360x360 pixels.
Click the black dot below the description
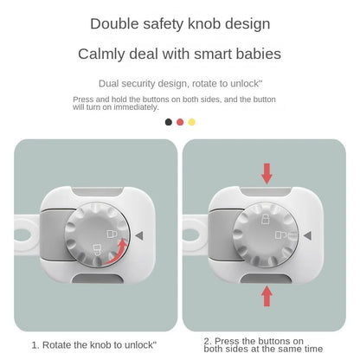pos(169,122)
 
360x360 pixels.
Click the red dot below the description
pos(180,122)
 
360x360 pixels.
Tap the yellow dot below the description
pos(191,122)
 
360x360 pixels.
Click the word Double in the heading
pos(115,23)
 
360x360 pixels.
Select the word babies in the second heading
pos(255,54)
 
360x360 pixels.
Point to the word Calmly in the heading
pos(102,54)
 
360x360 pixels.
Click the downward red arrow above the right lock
pos(267,172)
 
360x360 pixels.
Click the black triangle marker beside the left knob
pos(138,234)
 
